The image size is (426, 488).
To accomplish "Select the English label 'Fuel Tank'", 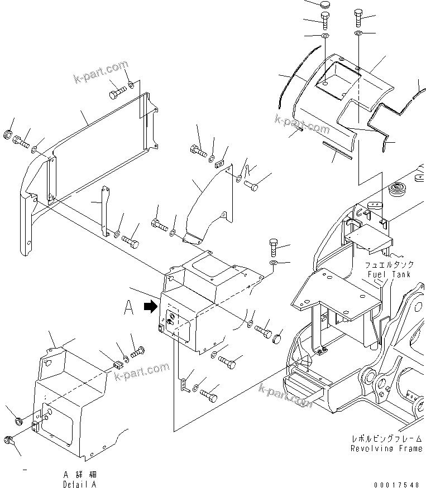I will pyautogui.click(x=389, y=274).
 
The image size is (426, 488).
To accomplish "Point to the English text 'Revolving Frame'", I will pyautogui.click(x=386, y=448).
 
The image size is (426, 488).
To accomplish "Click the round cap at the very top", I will pyautogui.click(x=327, y=5).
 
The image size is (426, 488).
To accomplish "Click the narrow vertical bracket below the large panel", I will pyautogui.click(x=103, y=212).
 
